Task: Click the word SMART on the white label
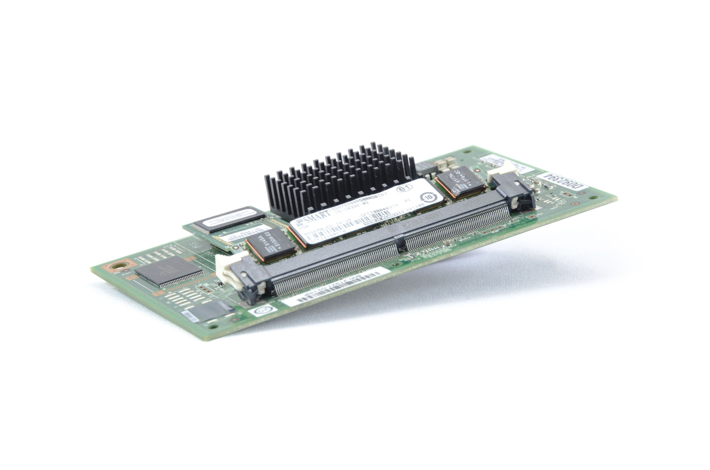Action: coord(316,217)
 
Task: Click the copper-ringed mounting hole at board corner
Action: coord(117,267)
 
